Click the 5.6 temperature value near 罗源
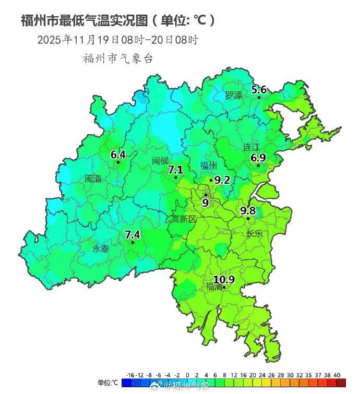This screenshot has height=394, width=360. [259, 90]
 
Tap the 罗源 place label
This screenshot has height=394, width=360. [234, 95]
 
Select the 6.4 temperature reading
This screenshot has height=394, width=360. [118, 154]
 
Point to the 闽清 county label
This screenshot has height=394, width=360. [93, 178]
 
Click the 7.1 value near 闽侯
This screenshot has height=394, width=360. [175, 170]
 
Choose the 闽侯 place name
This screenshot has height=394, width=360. [160, 161]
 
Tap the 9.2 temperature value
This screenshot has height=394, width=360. [222, 180]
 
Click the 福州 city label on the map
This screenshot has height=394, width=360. [209, 166]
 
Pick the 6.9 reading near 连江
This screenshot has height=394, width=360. [258, 158]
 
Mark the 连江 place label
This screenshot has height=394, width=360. [251, 147]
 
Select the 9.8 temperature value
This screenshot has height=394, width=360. [248, 210]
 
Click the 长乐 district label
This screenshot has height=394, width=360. [254, 234]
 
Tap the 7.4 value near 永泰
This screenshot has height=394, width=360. [133, 234]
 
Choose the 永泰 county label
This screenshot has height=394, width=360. [101, 249]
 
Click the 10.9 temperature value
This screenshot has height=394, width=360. [224, 280]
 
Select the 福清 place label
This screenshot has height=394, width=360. [214, 286]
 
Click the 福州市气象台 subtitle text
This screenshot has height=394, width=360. [118, 58]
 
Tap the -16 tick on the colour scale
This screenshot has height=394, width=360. [130, 375]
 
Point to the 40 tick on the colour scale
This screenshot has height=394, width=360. [337, 375]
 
